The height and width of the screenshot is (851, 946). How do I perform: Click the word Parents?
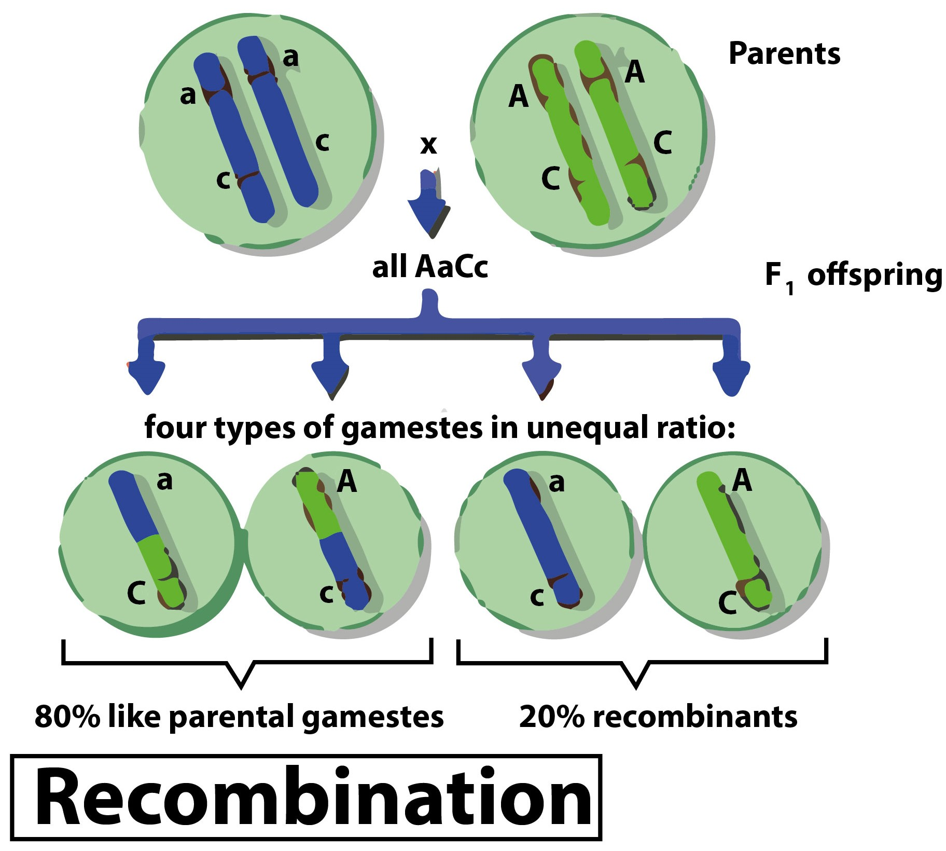(784, 53)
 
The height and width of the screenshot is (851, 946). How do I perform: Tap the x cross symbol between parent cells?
(428, 145)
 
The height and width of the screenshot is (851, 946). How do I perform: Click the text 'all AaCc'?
(430, 267)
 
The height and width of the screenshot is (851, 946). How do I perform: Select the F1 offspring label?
(853, 276)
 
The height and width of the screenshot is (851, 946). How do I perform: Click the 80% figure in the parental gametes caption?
(67, 717)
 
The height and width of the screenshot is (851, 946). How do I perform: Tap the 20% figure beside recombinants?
(552, 717)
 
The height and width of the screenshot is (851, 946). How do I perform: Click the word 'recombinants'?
(695, 717)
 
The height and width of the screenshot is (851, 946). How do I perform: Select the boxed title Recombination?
(306, 798)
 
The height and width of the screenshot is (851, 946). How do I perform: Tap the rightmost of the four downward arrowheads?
(731, 376)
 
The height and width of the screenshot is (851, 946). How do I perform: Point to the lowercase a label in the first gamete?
(164, 481)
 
